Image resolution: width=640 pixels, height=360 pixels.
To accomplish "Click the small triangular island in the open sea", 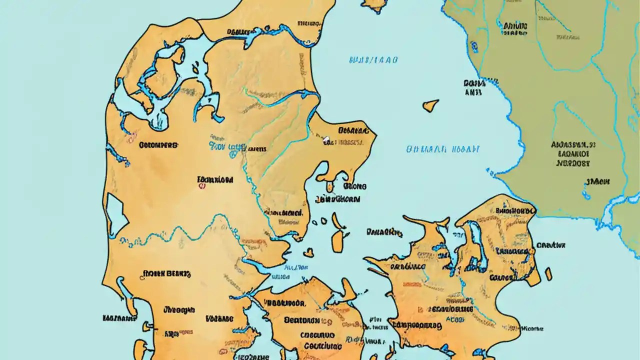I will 430,105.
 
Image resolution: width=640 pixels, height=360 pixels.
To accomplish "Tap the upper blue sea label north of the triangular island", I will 373,60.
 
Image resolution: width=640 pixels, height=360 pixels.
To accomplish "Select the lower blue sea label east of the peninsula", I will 442,149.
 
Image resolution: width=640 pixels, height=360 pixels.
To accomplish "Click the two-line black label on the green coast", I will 474,87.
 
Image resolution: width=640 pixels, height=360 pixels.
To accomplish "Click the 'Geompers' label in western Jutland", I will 157,145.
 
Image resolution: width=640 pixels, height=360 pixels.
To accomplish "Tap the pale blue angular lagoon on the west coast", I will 117,215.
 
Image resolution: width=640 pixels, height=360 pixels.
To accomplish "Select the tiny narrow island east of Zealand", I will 548,274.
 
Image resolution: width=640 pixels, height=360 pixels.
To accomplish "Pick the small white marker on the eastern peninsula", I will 326,139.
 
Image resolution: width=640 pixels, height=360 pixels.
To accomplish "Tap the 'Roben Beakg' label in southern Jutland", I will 166,273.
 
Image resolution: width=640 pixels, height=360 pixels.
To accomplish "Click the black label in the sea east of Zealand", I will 550,245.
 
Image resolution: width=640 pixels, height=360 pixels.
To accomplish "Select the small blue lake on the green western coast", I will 473,47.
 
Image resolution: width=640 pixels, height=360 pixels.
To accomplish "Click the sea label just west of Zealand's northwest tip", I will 384,232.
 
